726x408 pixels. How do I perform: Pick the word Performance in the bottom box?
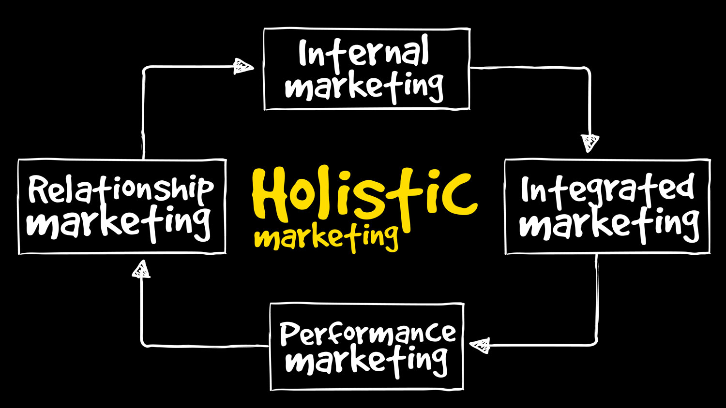pos(368,334)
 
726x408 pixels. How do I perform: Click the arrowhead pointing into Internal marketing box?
pos(243,66)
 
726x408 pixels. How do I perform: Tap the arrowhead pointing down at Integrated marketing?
pos(590,143)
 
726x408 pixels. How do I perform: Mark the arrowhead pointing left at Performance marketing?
pos(480,346)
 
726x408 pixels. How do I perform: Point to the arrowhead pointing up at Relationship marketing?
pos(141,269)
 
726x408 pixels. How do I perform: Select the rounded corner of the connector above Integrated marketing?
pos(587,69)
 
